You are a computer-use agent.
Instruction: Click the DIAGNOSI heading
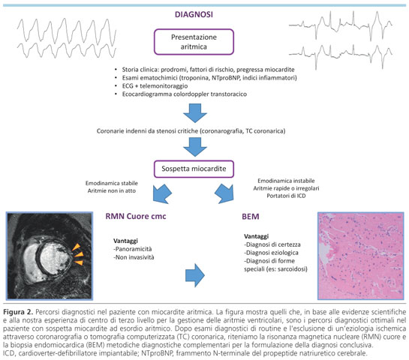click(194, 14)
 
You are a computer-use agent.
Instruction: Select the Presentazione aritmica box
click(194, 42)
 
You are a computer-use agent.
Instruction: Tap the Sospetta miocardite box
click(194, 169)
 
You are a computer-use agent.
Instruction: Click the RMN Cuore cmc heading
click(136, 216)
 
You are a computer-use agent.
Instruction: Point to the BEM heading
click(251, 216)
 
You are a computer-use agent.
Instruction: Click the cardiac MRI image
click(50, 256)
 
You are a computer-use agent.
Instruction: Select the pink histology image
click(361, 256)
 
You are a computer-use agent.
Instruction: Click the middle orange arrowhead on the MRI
click(79, 254)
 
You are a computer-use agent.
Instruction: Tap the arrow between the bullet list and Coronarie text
click(195, 113)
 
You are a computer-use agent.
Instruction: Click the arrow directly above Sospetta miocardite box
click(195, 147)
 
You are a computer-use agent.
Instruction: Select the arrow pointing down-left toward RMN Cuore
click(161, 193)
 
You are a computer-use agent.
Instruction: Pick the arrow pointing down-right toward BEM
click(224, 193)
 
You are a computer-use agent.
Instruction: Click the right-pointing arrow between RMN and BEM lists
click(195, 275)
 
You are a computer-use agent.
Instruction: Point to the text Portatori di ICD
click(286, 196)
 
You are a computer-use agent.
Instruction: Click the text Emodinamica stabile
click(112, 183)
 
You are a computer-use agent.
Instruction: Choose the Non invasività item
click(134, 257)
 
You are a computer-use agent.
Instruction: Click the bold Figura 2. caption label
click(18, 312)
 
